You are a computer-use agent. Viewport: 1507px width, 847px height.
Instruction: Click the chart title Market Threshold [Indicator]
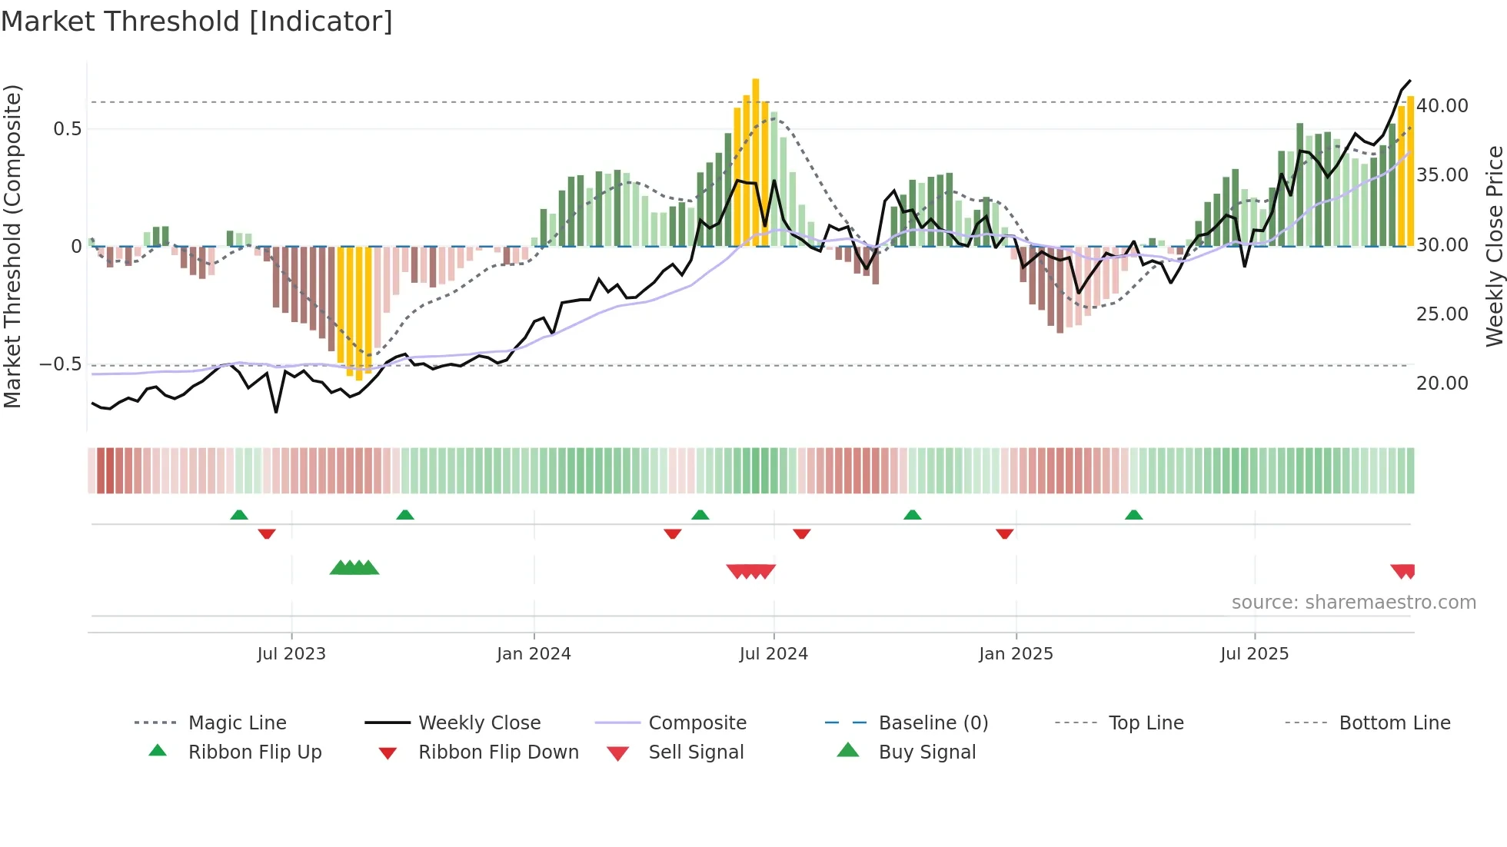[x=197, y=22]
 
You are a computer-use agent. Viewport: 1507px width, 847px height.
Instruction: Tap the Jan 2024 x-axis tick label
[x=534, y=654]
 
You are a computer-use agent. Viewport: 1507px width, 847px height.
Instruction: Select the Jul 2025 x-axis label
[x=1254, y=654]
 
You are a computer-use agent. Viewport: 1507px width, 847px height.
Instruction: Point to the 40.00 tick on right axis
[x=1442, y=106]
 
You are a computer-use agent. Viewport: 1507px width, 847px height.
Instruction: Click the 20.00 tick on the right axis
[x=1442, y=384]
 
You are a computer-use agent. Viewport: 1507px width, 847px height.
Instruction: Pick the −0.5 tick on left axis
[x=61, y=364]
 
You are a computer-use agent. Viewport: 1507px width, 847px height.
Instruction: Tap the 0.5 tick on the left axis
[x=67, y=129]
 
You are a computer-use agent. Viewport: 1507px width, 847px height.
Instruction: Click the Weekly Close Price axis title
[x=1494, y=246]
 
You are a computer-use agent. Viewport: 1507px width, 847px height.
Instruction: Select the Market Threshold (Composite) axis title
[x=12, y=246]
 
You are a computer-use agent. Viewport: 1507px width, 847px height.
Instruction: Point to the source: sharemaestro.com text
[x=1353, y=603]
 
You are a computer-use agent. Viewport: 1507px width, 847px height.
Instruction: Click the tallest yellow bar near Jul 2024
[x=756, y=161]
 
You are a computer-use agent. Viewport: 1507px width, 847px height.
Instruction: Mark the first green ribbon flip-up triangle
[x=239, y=515]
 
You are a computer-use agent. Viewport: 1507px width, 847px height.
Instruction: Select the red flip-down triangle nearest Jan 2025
[x=1004, y=533]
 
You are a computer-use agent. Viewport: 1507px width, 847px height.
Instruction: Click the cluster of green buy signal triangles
[x=354, y=568]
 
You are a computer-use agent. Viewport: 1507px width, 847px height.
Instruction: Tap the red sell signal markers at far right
[x=1403, y=571]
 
